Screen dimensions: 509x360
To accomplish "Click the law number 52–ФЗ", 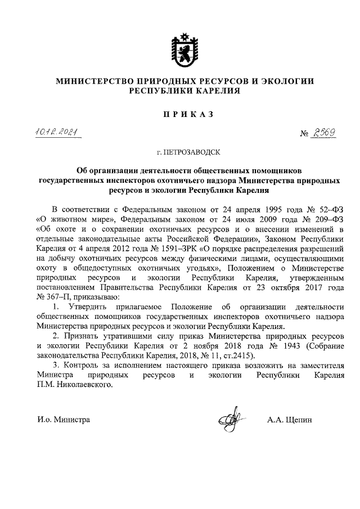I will [323, 209].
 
